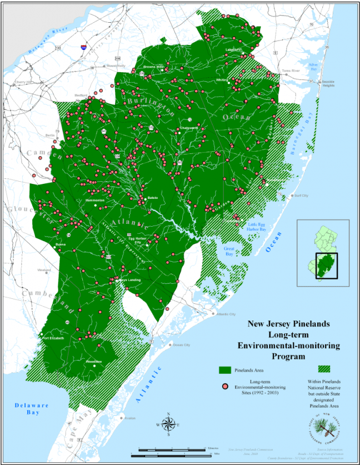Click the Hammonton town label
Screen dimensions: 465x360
[x=95, y=200]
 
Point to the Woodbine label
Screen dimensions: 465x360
[x=95, y=361]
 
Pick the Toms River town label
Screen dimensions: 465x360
[x=291, y=71]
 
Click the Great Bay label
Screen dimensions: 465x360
[x=229, y=251]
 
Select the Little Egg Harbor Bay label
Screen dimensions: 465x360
[x=257, y=226]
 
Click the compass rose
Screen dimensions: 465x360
[x=169, y=425]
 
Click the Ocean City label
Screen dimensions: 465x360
[x=181, y=345]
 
